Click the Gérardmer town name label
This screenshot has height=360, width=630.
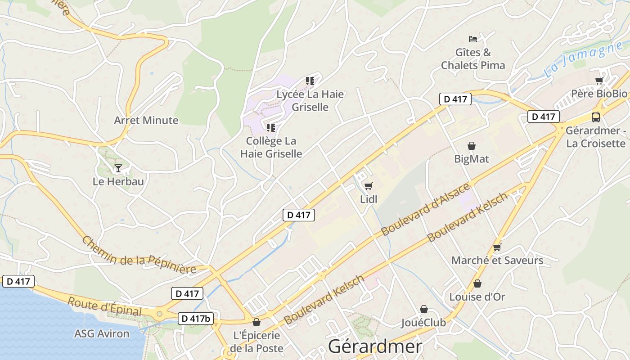click(375, 346)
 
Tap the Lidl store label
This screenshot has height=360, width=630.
click(369, 199)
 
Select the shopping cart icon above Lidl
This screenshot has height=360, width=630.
click(369, 185)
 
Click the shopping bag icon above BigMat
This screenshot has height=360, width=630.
click(471, 146)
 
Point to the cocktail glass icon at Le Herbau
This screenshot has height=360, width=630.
click(118, 168)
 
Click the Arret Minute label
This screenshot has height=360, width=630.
click(146, 120)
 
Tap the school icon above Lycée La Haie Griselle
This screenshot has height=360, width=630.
click(310, 81)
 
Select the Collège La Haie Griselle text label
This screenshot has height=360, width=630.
click(271, 147)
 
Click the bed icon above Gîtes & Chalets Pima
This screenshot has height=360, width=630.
click(472, 39)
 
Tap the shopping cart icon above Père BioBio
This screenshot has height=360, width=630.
click(599, 81)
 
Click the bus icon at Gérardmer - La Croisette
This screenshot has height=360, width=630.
click(595, 117)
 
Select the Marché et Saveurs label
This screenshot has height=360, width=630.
click(497, 260)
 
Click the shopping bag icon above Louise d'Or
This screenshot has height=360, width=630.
click(477, 283)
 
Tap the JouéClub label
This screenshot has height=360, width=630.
click(423, 323)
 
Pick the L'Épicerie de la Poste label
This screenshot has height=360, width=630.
click(256, 342)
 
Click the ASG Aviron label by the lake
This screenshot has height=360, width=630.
click(102, 333)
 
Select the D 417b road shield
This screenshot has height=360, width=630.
click(195, 319)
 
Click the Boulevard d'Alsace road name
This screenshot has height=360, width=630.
click(425, 209)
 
